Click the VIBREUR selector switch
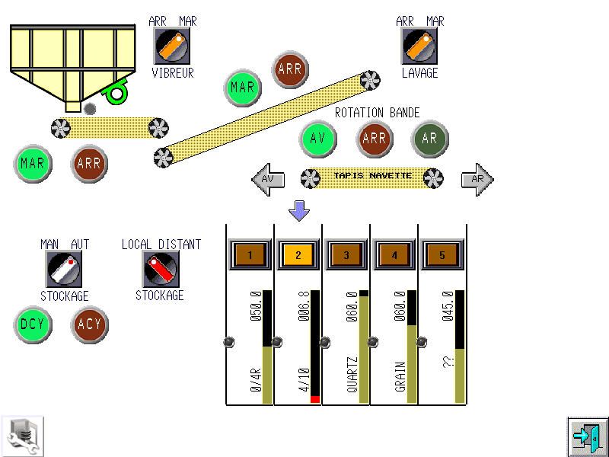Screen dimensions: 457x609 pos(172,47)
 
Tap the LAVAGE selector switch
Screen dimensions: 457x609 pos(419,47)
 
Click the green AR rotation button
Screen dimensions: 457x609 pos(430,139)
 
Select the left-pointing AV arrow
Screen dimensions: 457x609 pos(268,180)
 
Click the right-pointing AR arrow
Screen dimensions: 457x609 pos(477,180)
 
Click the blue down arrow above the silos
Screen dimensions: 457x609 pos(299,211)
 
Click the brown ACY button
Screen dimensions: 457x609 pos(90,325)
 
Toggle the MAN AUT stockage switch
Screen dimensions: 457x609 pos(64,270)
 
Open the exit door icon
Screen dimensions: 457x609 pos(588,436)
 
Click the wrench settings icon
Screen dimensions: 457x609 pos(22,436)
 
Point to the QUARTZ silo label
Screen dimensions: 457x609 pos(352,375)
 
